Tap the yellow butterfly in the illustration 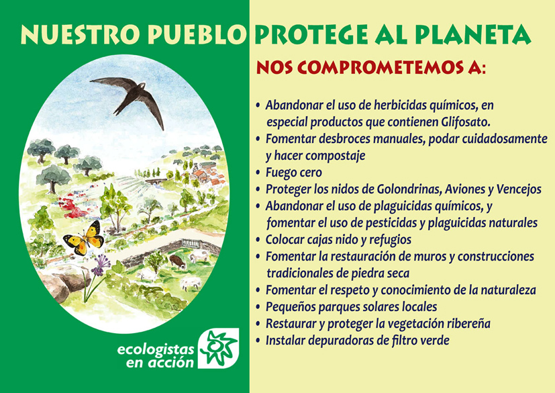click(85, 238)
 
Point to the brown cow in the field click(177, 262)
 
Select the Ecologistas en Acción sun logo click(218, 349)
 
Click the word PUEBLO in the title click(197, 34)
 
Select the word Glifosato click(466, 122)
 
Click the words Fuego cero click(294, 173)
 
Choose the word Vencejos click(519, 189)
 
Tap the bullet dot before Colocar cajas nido click(258, 240)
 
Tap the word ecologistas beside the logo click(156, 350)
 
